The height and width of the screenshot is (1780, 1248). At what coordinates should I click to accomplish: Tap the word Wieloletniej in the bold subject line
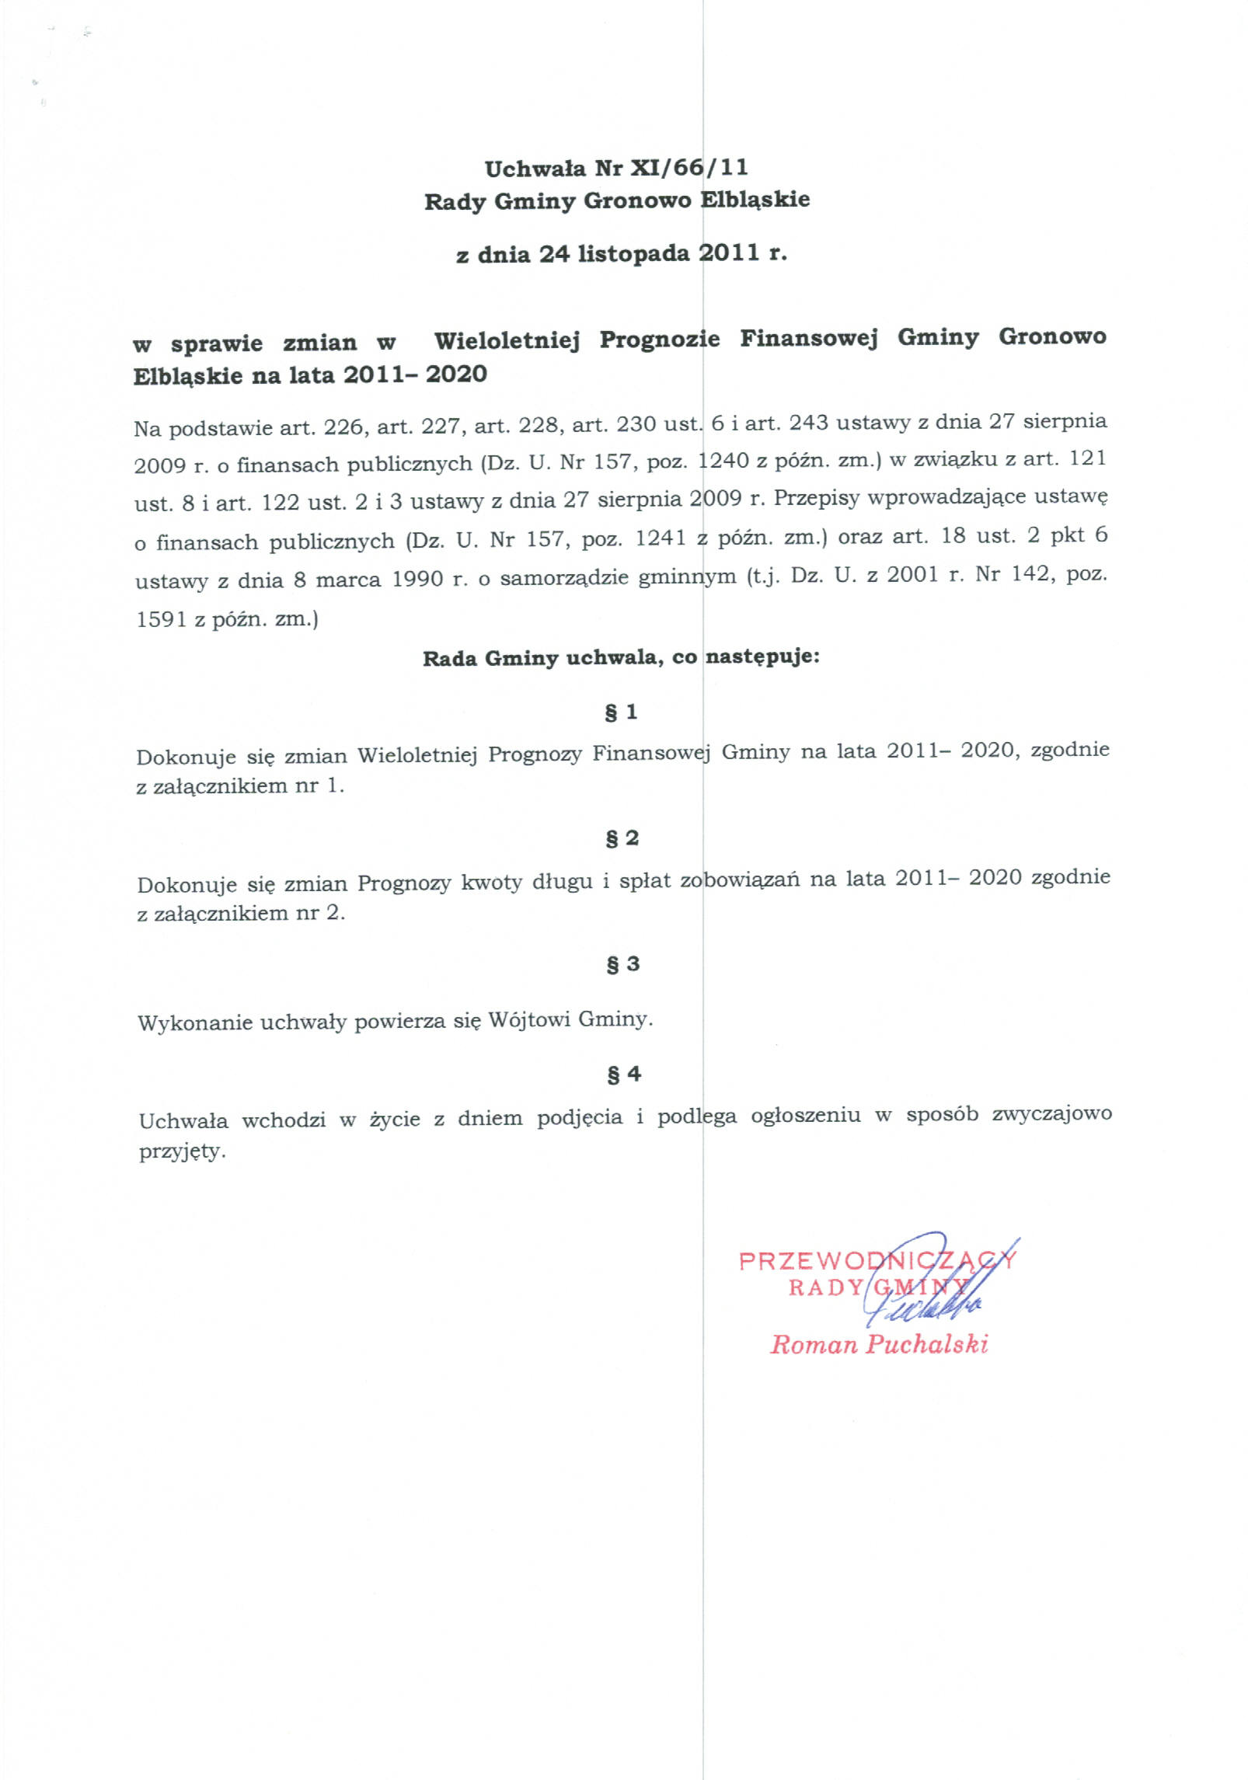(507, 341)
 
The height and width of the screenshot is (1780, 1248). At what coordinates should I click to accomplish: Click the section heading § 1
(622, 712)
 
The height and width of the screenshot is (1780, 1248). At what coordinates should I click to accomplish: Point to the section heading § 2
(622, 838)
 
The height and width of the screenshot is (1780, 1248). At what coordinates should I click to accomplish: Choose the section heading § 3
(622, 963)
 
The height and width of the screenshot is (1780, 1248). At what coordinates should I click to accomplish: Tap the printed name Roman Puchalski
(879, 1345)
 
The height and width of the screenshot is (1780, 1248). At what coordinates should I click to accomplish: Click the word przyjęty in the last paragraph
(181, 1152)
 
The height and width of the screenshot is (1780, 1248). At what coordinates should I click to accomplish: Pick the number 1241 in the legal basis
(660, 537)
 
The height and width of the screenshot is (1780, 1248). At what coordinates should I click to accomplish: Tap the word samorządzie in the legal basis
(564, 579)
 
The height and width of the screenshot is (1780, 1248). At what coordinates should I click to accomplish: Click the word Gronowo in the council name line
(636, 200)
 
